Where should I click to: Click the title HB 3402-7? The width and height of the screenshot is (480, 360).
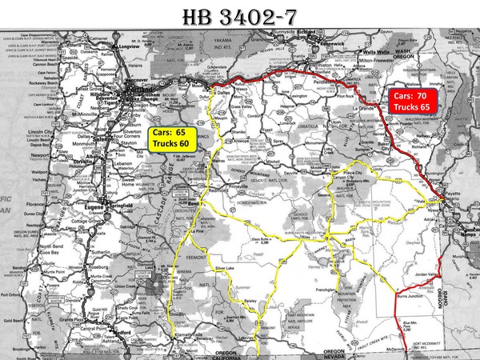[x=240, y=15]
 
